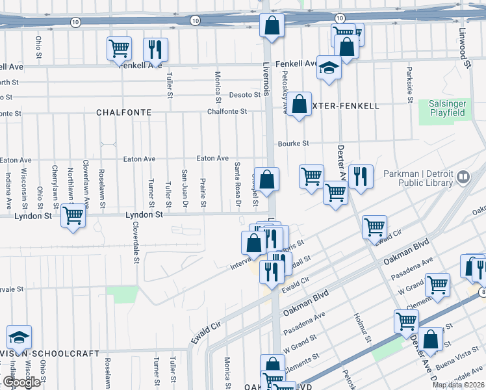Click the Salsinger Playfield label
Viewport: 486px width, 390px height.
tap(447, 108)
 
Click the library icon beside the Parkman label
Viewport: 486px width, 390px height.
tap(463, 176)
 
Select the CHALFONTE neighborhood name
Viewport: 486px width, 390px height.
tap(123, 112)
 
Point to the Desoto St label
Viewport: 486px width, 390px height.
tap(245, 95)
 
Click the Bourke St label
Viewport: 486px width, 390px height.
tap(293, 144)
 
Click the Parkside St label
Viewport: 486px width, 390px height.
tap(410, 83)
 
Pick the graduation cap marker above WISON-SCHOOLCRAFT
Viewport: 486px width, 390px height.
tap(19, 337)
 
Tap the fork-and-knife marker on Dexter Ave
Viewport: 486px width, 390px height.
tap(360, 175)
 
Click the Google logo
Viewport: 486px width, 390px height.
tap(21, 382)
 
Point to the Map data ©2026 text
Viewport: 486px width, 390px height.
tap(457, 385)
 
